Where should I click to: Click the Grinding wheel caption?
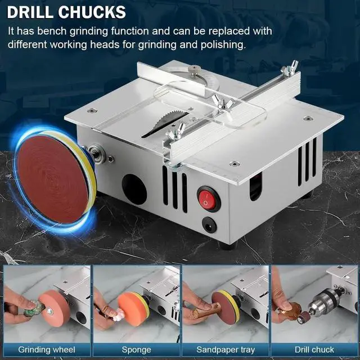[x=46, y=350]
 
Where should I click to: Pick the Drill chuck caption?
[x=314, y=350]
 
